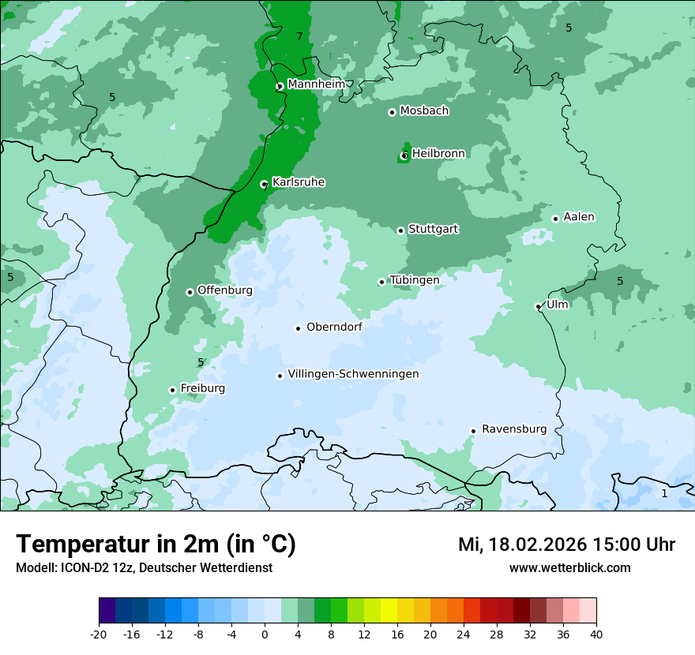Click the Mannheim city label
pyautogui.click(x=316, y=84)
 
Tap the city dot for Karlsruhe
pyautogui.click(x=265, y=185)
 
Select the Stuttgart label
pyautogui.click(x=433, y=230)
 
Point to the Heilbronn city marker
pyautogui.click(x=404, y=155)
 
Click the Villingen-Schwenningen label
pyautogui.click(x=353, y=374)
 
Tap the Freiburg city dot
pyautogui.click(x=172, y=390)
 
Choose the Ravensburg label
pyautogui.click(x=514, y=429)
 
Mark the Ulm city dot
pyautogui.click(x=538, y=306)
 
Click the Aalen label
pyautogui.click(x=579, y=217)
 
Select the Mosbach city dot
pyautogui.click(x=392, y=112)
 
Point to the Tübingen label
pyautogui.click(x=414, y=280)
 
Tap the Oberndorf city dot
pyautogui.click(x=298, y=328)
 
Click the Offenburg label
pyautogui.click(x=225, y=290)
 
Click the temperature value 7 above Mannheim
pyautogui.click(x=299, y=37)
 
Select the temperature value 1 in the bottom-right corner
pyautogui.click(x=664, y=493)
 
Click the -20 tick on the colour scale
pyautogui.click(x=99, y=634)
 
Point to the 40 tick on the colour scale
pyautogui.click(x=596, y=634)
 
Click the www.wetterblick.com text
pyautogui.click(x=569, y=567)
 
